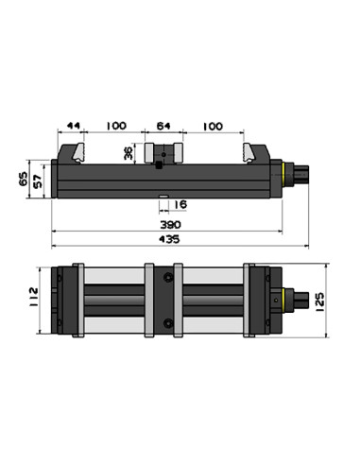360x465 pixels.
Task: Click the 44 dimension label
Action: [x=74, y=126]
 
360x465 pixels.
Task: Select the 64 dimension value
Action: [x=163, y=126]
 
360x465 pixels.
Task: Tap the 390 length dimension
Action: [x=170, y=225]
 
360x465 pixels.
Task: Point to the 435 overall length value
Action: [x=169, y=239]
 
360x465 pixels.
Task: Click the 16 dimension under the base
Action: [x=180, y=204]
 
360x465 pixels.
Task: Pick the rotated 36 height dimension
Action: [x=129, y=152]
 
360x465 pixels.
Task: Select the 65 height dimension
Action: [x=24, y=179]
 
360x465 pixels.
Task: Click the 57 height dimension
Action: [x=38, y=181]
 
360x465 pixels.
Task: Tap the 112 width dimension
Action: [x=33, y=298]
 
